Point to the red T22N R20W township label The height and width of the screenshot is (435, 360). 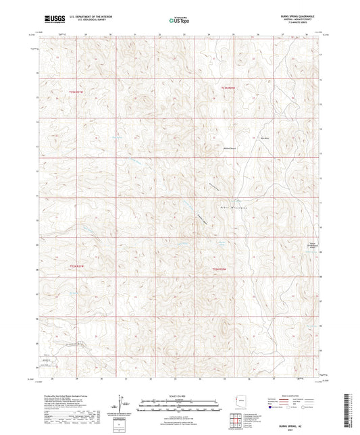coord(222,270)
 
